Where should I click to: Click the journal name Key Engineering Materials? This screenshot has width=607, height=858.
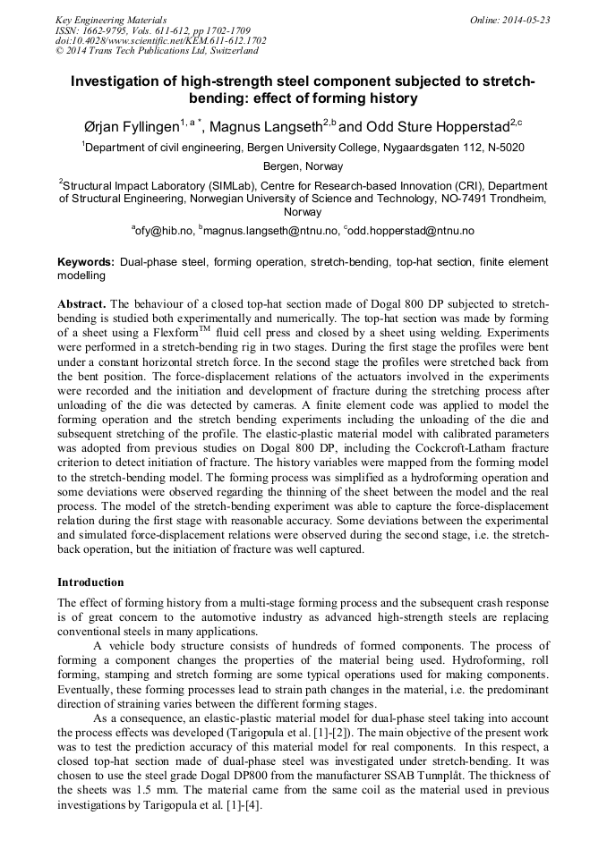point(110,20)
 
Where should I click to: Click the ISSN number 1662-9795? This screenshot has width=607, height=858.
point(108,30)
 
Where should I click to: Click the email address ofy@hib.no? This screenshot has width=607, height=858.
point(163,231)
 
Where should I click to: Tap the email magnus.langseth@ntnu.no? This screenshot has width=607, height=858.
point(271,231)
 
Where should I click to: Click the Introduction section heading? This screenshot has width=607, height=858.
point(91,582)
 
